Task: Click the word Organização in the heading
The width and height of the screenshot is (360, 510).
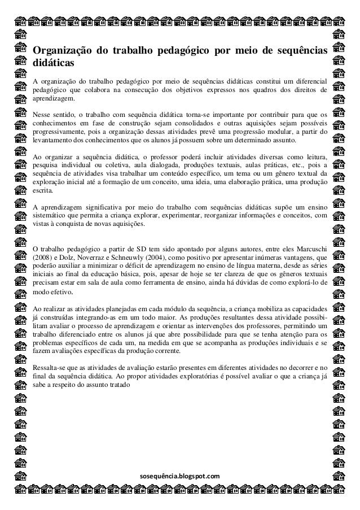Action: point(59,53)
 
